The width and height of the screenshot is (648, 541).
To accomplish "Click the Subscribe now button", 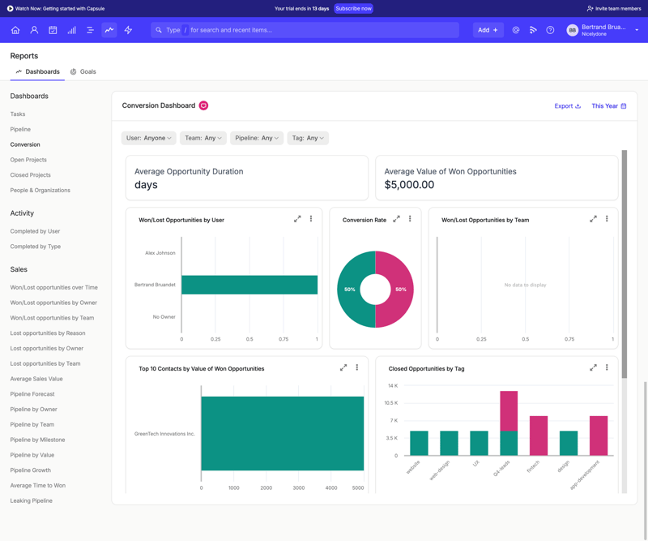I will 353,8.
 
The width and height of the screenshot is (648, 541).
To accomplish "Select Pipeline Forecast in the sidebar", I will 32,394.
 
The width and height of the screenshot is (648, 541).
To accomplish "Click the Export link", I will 567,105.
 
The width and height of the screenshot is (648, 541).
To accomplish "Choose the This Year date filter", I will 608,105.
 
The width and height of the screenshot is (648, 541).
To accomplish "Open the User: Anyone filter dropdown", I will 148,138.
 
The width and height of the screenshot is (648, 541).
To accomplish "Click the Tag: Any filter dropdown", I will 308,138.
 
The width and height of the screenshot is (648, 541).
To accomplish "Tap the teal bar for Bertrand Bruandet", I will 249,285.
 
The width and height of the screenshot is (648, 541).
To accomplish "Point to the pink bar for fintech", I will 538,436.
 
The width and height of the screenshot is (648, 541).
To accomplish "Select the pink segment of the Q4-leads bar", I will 509,411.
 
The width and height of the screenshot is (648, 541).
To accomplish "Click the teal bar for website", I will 419,443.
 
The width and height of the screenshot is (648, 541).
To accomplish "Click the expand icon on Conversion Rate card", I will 397,219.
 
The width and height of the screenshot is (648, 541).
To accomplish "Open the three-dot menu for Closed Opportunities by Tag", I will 607,367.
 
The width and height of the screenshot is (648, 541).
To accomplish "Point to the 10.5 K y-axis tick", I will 391,403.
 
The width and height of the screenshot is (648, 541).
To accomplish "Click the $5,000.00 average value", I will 409,185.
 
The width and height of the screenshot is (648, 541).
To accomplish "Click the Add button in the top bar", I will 488,30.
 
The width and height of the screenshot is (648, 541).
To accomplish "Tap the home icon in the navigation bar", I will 15,30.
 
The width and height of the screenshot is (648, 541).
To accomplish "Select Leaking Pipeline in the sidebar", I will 32,500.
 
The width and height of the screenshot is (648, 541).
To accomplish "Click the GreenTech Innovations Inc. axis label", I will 164,434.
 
